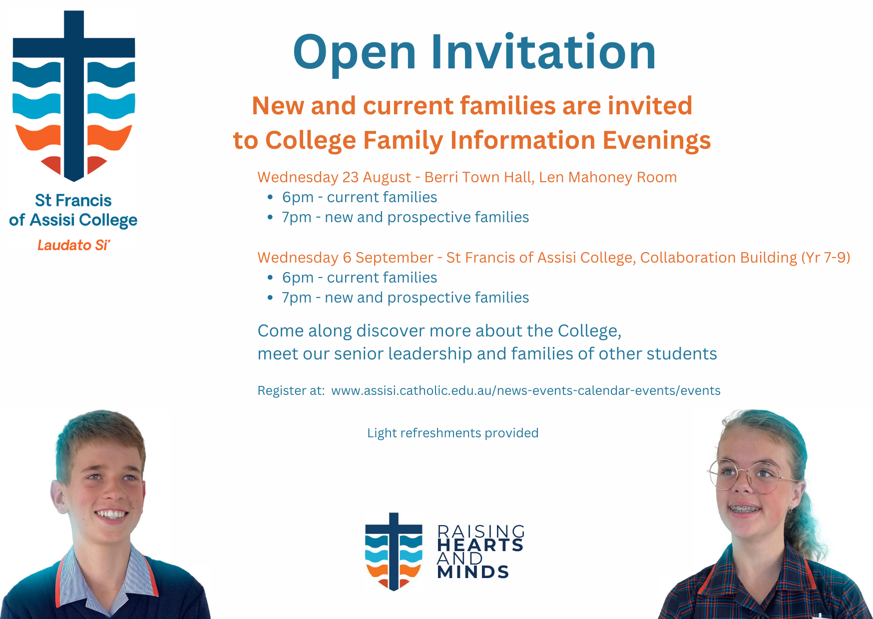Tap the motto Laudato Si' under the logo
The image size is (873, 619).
tap(73, 245)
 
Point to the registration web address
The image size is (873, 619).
tap(526, 390)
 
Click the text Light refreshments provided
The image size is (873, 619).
tap(453, 433)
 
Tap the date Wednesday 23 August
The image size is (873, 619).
tap(334, 177)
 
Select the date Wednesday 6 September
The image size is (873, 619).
tap(345, 258)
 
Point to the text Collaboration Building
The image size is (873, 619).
tap(719, 258)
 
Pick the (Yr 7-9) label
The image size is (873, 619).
tap(826, 258)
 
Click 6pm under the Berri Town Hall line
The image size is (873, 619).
tap(298, 198)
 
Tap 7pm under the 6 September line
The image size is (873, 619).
tap(297, 298)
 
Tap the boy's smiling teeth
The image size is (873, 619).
tap(111, 514)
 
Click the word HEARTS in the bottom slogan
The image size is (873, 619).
tap(480, 545)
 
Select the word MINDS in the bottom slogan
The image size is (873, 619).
tap(473, 572)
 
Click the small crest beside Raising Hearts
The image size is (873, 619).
tap(394, 552)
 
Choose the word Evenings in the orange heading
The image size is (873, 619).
tap(657, 141)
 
